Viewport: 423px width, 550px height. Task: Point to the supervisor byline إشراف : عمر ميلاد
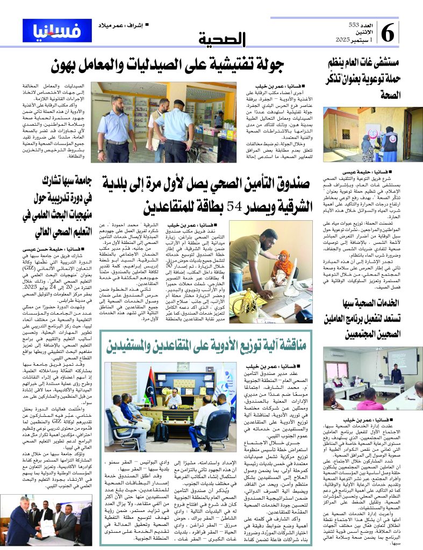click(x=123, y=25)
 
